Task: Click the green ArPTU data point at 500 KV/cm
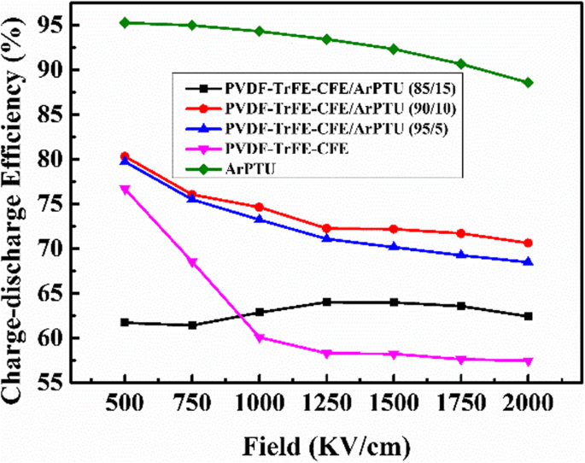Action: coord(125,22)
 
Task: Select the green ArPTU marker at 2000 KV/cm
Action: coord(528,83)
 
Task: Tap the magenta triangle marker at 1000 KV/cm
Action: coord(259,337)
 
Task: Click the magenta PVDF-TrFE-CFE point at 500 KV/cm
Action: coord(125,190)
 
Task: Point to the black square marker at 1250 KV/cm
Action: coord(326,302)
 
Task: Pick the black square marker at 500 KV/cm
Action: coord(125,322)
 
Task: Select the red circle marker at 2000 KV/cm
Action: coord(528,243)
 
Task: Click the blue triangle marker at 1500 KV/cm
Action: coord(394,247)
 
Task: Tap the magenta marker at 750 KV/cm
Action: coord(192,262)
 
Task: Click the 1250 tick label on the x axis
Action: coord(326,403)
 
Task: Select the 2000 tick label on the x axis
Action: coord(528,403)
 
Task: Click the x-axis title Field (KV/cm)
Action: coord(326,444)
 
